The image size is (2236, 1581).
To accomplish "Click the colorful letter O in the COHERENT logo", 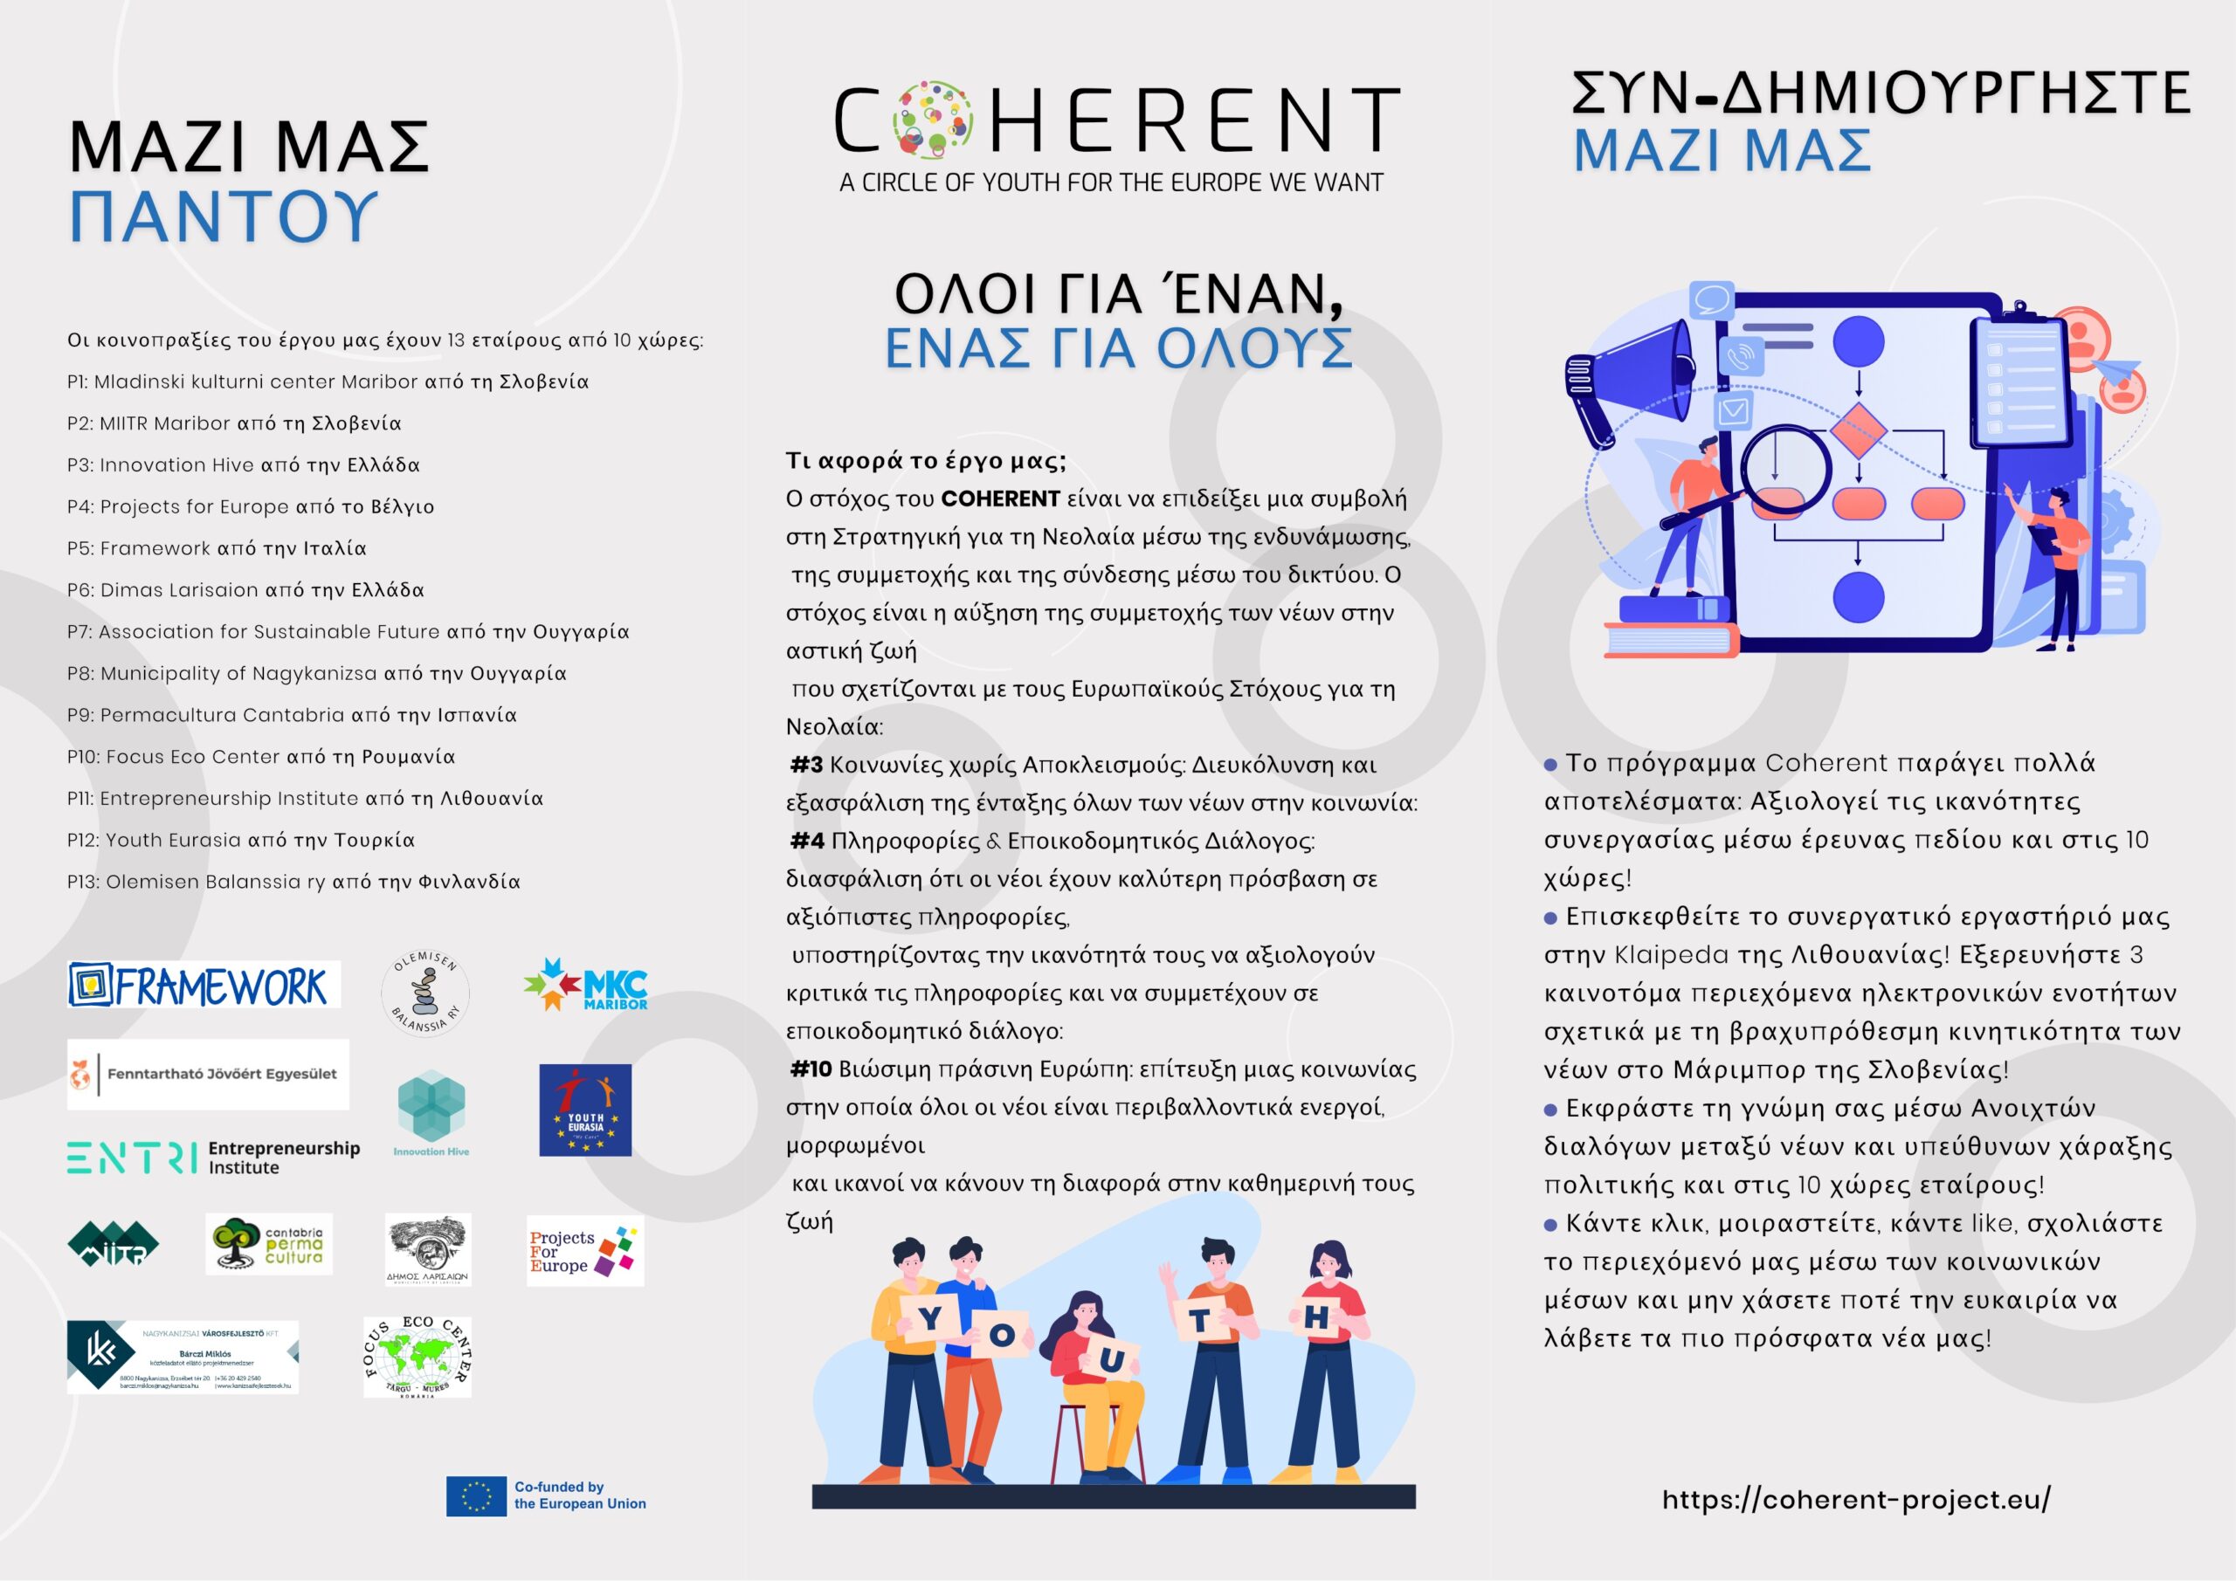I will [932, 120].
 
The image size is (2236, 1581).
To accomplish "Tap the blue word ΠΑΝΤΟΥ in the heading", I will [223, 217].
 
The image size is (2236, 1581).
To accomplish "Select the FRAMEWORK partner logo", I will [204, 984].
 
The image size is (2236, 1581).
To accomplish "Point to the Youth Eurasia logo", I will [585, 1110].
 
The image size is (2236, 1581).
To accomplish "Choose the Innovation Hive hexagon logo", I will [431, 1110].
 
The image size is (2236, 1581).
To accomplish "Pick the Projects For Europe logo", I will [584, 1251].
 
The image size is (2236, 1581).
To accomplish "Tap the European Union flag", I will [476, 1496].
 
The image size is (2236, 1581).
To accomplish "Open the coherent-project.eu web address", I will [1855, 1499].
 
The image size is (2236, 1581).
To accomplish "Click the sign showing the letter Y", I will [930, 1318].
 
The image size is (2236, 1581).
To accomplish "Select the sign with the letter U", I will [1112, 1359].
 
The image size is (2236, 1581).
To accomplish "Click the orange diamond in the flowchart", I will [1858, 430].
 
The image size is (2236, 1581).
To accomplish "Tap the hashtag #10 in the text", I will [811, 1069].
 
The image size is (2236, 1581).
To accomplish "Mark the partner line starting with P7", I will [348, 632].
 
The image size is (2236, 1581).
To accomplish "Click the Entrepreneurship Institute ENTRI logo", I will [213, 1158].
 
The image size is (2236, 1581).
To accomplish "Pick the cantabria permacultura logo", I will [269, 1244].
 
